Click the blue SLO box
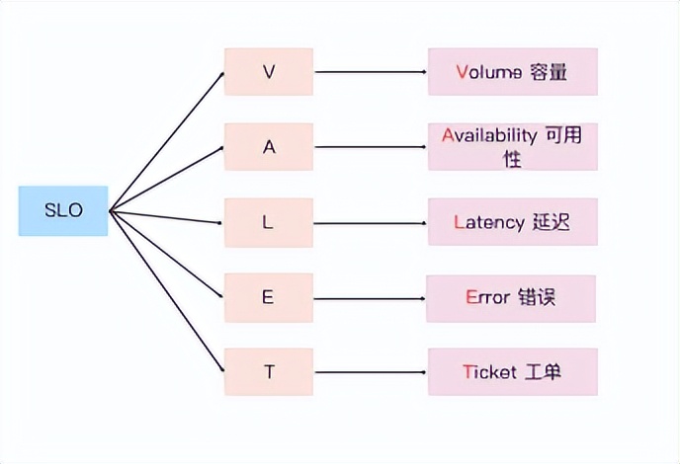point(63,210)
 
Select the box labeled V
point(269,71)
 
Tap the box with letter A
point(269,147)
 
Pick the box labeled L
point(269,222)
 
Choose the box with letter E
point(269,297)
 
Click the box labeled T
point(269,372)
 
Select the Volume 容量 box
point(512,71)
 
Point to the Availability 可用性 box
point(512,146)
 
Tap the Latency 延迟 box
point(512,222)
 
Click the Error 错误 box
point(512,297)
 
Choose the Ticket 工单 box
point(512,372)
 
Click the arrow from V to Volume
point(371,71)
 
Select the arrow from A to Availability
point(371,147)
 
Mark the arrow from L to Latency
point(371,222)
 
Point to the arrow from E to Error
point(371,297)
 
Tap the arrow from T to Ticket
point(371,372)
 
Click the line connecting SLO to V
point(166,141)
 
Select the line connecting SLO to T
point(166,291)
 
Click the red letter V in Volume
point(463,71)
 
